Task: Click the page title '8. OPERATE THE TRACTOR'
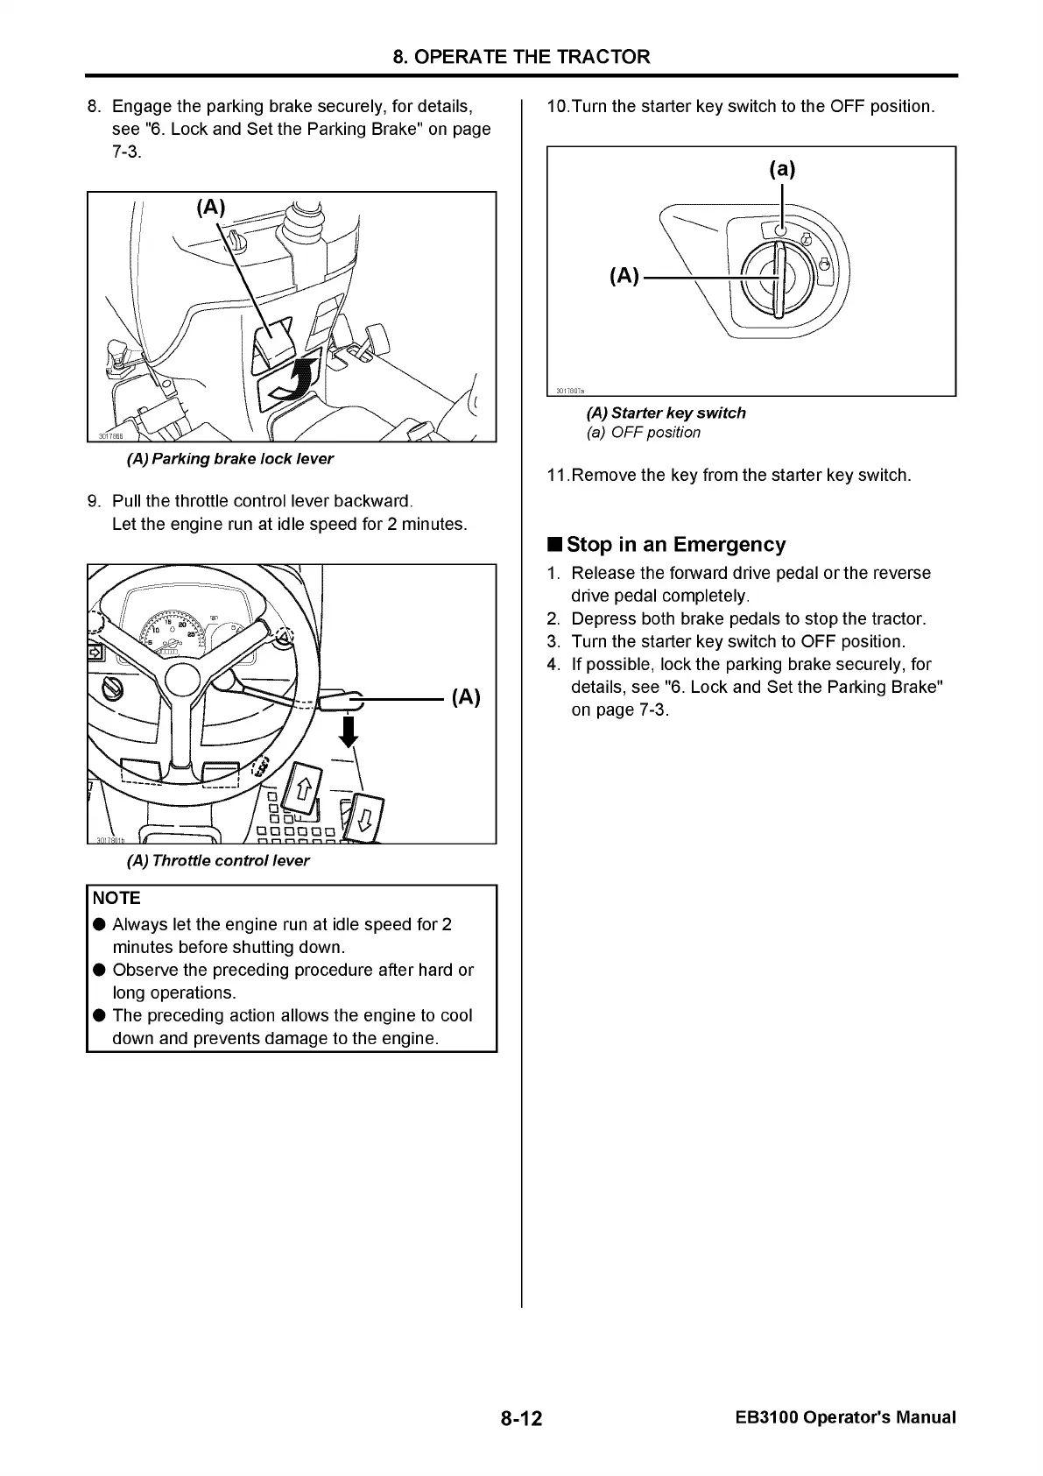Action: click(x=521, y=57)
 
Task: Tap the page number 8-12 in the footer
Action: click(x=522, y=1417)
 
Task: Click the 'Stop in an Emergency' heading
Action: click(x=676, y=544)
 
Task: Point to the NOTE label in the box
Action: click(x=116, y=898)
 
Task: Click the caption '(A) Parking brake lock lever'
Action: click(x=230, y=458)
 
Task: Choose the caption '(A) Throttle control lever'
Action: click(x=218, y=860)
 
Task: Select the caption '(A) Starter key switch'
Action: click(x=666, y=413)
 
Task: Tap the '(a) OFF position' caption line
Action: click(x=644, y=432)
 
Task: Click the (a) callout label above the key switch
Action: click(x=781, y=168)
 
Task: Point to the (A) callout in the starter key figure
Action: click(x=624, y=276)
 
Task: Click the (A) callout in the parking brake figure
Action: click(x=210, y=207)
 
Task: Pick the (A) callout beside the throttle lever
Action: click(x=466, y=697)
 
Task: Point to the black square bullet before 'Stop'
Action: click(x=554, y=545)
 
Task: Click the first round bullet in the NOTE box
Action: click(x=99, y=925)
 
